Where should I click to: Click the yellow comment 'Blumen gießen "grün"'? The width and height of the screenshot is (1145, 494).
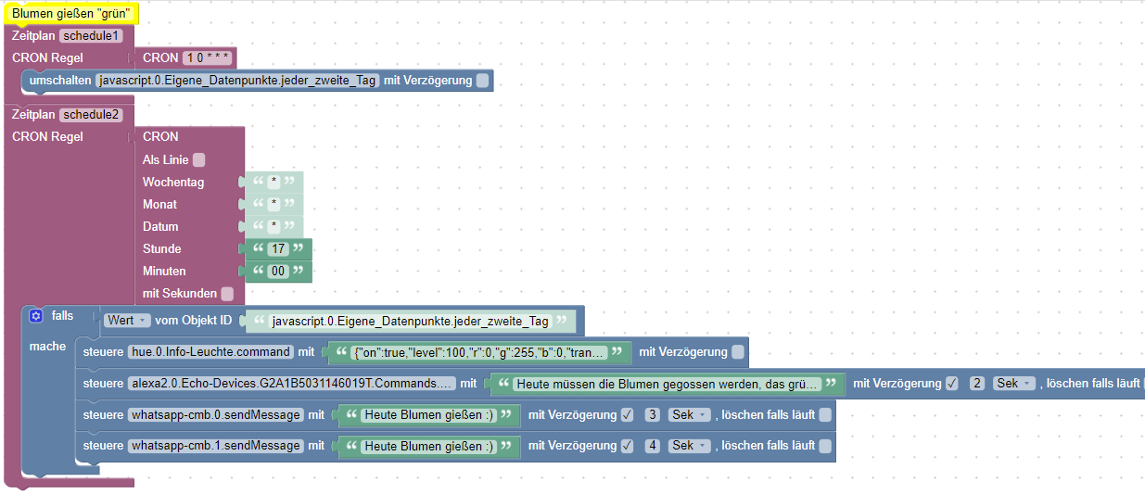[70, 14]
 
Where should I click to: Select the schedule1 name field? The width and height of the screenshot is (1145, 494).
[91, 36]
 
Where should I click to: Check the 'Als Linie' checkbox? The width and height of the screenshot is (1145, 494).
[199, 160]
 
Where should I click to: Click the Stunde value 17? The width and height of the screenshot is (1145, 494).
[277, 249]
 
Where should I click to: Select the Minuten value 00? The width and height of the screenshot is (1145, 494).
[277, 272]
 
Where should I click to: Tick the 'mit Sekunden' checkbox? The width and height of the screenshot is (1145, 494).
[227, 294]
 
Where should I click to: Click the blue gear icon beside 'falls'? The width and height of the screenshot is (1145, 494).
[36, 316]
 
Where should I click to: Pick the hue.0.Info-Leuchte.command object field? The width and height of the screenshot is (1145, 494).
[210, 352]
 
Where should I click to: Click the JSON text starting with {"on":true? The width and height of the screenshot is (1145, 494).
[479, 352]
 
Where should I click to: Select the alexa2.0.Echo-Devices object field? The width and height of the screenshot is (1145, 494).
[291, 383]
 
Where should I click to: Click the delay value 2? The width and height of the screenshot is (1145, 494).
[977, 383]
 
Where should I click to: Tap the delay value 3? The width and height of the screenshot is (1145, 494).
[653, 415]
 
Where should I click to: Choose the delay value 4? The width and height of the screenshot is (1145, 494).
[653, 446]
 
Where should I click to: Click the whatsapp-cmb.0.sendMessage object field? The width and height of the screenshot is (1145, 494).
[216, 415]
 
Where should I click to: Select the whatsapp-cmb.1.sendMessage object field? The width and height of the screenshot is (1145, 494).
[216, 446]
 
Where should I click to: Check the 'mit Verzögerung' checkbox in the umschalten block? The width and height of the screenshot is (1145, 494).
[482, 81]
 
